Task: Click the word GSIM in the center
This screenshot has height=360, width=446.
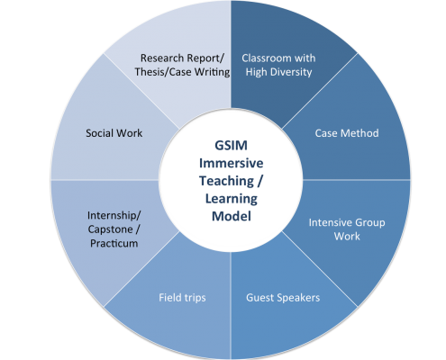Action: coord(231,146)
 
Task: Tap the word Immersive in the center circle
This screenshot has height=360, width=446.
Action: coord(231,163)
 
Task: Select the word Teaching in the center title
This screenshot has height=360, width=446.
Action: coord(226,181)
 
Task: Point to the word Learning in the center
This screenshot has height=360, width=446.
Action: coord(232,199)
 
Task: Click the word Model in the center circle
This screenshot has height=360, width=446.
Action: coord(232,216)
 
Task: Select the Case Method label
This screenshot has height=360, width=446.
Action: coord(347,133)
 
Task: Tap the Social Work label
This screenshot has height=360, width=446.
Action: coord(114,133)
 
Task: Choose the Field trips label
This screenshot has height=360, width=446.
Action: coord(182,298)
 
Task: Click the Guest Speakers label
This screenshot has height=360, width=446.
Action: coord(283,298)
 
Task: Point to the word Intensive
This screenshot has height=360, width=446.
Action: coord(326,222)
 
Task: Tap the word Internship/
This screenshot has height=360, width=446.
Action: coord(114,215)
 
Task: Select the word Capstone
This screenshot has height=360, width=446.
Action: coord(110,229)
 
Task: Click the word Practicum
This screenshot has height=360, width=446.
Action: coord(114,243)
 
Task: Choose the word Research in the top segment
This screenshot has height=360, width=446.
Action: coord(162,58)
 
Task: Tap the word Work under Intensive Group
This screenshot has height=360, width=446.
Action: coord(347,237)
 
